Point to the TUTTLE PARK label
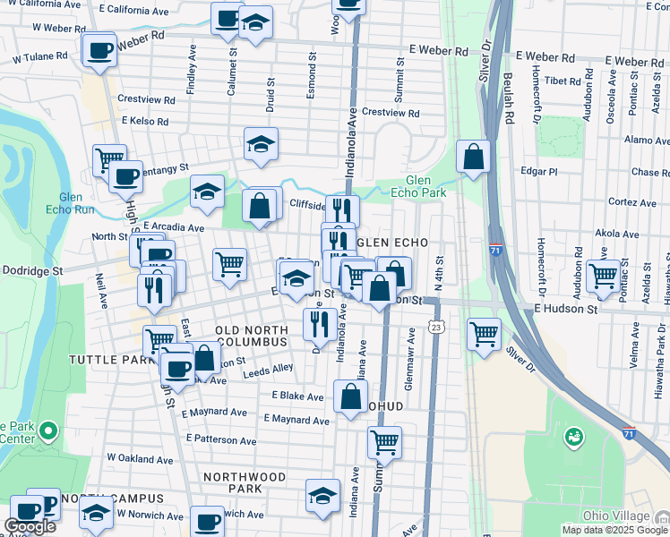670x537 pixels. click(101, 359)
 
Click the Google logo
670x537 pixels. click(30, 526)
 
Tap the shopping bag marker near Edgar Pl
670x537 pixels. click(474, 157)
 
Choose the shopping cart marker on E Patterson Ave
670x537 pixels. click(384, 441)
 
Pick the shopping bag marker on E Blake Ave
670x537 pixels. click(350, 396)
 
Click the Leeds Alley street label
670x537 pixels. click(268, 368)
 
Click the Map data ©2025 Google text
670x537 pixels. click(614, 530)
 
